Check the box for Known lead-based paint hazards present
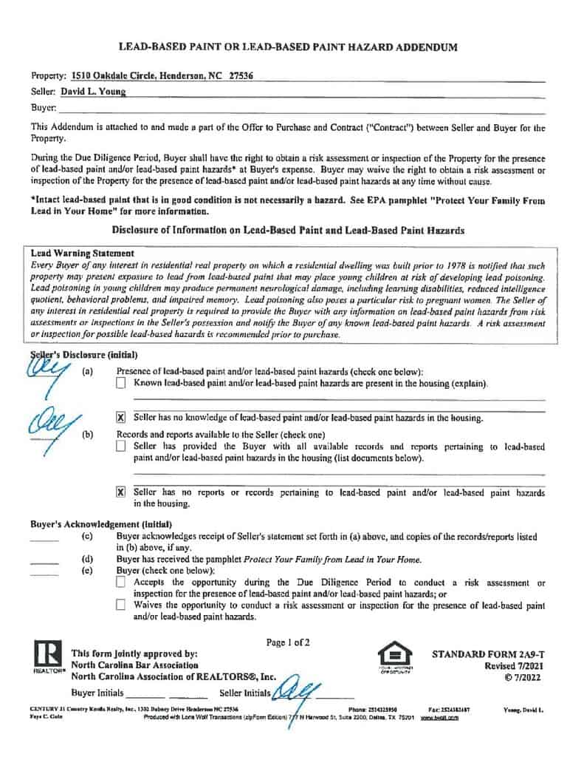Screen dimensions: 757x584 pyautogui.click(x=121, y=384)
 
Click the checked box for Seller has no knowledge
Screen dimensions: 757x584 pyautogui.click(x=121, y=418)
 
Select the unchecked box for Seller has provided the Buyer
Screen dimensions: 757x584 pyautogui.click(x=121, y=447)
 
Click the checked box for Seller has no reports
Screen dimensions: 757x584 pyautogui.click(x=121, y=492)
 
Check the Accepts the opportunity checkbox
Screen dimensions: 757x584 pyautogui.click(x=121, y=583)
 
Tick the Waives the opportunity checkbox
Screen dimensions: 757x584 pyautogui.click(x=121, y=605)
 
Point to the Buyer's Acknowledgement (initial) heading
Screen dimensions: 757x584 pyautogui.click(x=96, y=524)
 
